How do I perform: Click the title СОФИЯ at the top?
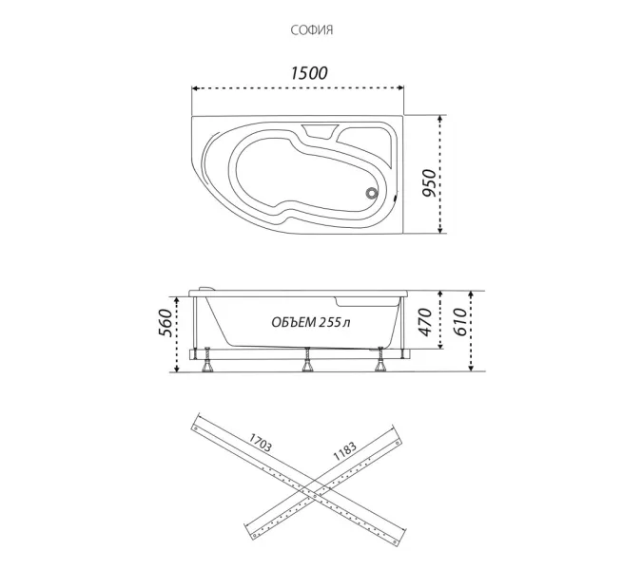click(x=312, y=30)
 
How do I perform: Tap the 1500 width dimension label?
click(x=309, y=73)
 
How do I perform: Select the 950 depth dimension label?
click(x=430, y=182)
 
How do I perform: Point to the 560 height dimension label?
click(x=165, y=323)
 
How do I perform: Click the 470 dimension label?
click(x=425, y=322)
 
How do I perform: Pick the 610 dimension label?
click(x=459, y=322)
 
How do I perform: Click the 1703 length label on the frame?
click(x=260, y=443)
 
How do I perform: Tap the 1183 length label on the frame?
click(x=344, y=451)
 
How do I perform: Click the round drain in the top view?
click(x=371, y=193)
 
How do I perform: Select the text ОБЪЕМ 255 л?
click(x=311, y=323)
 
